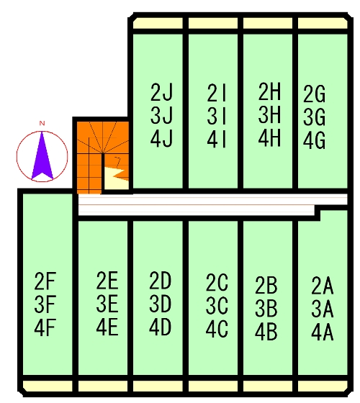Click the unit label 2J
[x=161, y=93]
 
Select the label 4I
[x=217, y=140]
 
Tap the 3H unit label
[x=269, y=114]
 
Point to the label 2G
[x=314, y=94]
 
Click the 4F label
[x=45, y=327]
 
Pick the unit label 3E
[x=107, y=304]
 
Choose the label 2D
[x=160, y=281]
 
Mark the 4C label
[x=217, y=329]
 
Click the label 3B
[x=266, y=308]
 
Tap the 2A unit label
[x=323, y=286]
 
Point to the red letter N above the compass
[x=42, y=123]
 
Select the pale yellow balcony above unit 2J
[x=158, y=23]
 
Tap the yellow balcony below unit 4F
[x=48, y=386]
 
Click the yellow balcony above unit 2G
[x=323, y=23]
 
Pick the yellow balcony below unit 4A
[x=323, y=386]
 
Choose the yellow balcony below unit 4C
[x=213, y=386]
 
